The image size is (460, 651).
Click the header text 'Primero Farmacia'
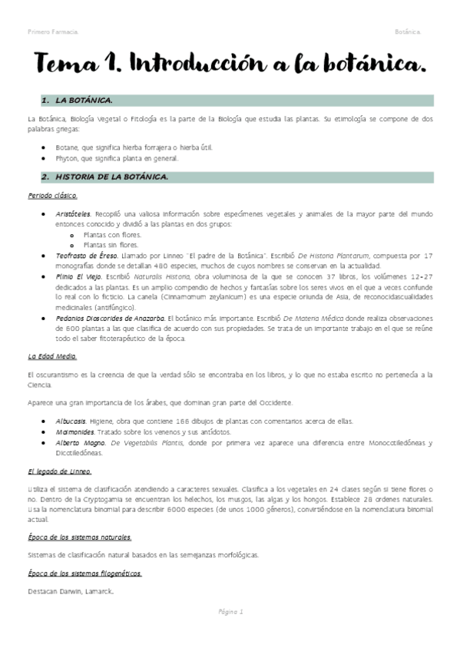tap(52, 31)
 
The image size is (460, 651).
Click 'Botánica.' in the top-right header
tap(408, 31)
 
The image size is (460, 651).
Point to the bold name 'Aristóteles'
tap(74, 213)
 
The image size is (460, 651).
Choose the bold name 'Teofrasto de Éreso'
tap(87, 254)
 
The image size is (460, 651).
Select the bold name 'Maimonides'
tap(75, 433)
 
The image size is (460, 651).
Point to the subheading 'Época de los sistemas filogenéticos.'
tap(84, 573)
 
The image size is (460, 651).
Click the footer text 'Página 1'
tap(230, 612)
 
